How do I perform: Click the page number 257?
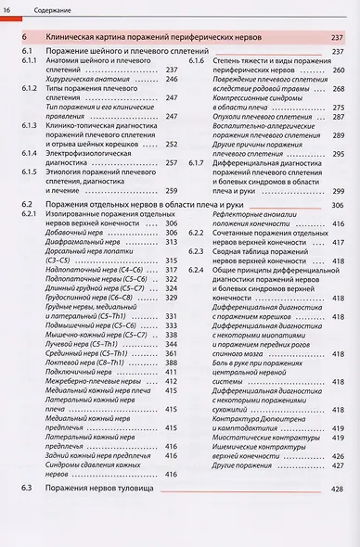tap(171, 162)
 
